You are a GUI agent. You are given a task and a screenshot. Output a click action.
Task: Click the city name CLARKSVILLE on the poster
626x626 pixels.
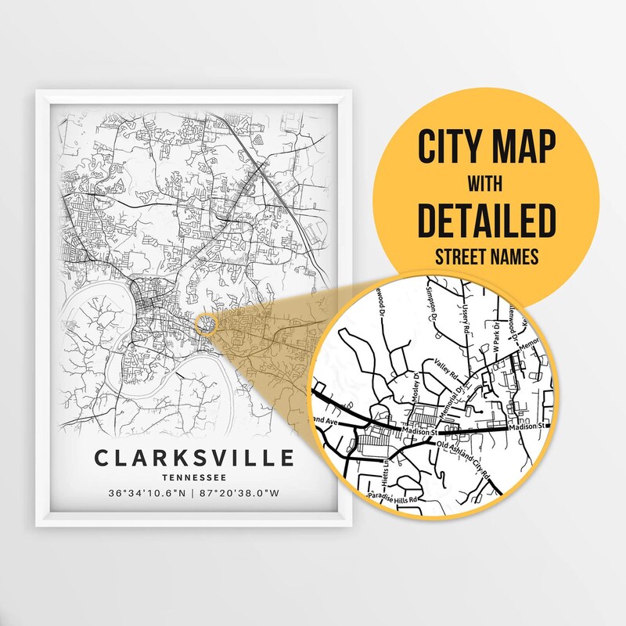(194, 458)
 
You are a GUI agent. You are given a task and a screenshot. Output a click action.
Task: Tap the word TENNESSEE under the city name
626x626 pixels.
(194, 477)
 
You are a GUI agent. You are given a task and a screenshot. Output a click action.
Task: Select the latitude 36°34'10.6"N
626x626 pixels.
(149, 494)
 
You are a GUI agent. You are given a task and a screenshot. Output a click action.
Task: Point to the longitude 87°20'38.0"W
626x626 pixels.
(245, 494)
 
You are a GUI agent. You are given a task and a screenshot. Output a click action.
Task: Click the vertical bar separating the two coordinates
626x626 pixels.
(196, 494)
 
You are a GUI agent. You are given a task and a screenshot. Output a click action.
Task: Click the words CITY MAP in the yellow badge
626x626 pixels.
(486, 146)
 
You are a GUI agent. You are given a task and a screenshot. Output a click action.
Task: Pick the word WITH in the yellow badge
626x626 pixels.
(486, 185)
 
